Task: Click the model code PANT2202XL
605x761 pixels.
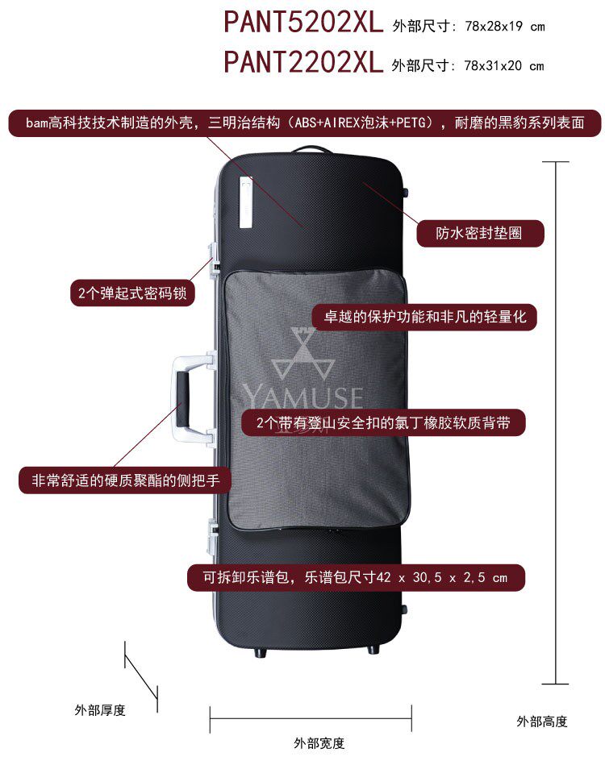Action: (303, 61)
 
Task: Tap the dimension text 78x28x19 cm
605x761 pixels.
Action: (504, 26)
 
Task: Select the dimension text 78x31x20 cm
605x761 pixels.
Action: (504, 65)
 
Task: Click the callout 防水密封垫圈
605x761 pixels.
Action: (479, 234)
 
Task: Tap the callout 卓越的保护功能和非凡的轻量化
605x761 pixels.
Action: (424, 317)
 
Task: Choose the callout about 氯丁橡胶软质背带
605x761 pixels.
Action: (383, 423)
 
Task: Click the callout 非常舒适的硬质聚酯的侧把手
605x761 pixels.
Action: (125, 480)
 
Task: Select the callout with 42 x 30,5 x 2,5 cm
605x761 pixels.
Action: (356, 577)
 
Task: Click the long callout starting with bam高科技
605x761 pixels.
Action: (305, 123)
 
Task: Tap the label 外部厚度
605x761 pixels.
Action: (100, 709)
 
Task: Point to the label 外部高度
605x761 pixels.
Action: (542, 721)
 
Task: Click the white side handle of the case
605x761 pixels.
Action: (182, 396)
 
